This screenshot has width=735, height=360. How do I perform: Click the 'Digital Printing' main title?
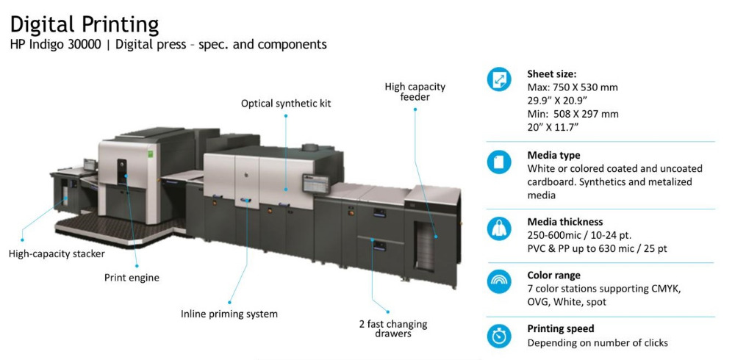tap(85, 24)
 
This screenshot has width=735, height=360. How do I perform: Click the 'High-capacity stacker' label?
tap(57, 254)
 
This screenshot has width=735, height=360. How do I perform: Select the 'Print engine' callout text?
tap(132, 278)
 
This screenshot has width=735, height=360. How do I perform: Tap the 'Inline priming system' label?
tap(229, 314)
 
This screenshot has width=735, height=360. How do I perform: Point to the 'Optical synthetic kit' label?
tap(286, 103)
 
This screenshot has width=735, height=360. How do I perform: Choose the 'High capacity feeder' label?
tap(415, 92)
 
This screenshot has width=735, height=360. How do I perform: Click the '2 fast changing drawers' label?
tap(393, 328)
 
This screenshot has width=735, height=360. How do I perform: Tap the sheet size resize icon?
tap(499, 79)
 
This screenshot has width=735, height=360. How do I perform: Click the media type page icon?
tap(499, 162)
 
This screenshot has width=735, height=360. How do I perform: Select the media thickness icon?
tap(499, 228)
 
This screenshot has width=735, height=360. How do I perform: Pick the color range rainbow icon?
tap(499, 281)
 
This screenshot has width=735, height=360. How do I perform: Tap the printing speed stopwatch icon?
tap(499, 336)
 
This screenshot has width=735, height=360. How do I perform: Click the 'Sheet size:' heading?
tap(552, 74)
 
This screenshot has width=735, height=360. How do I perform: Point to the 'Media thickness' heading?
tap(564, 222)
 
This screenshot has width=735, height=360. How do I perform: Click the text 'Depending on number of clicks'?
tap(598, 342)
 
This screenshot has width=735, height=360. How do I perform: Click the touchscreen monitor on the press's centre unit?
tap(315, 184)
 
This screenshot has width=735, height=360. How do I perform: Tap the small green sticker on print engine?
tap(151, 154)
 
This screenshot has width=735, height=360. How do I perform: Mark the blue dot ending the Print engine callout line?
tap(137, 266)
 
